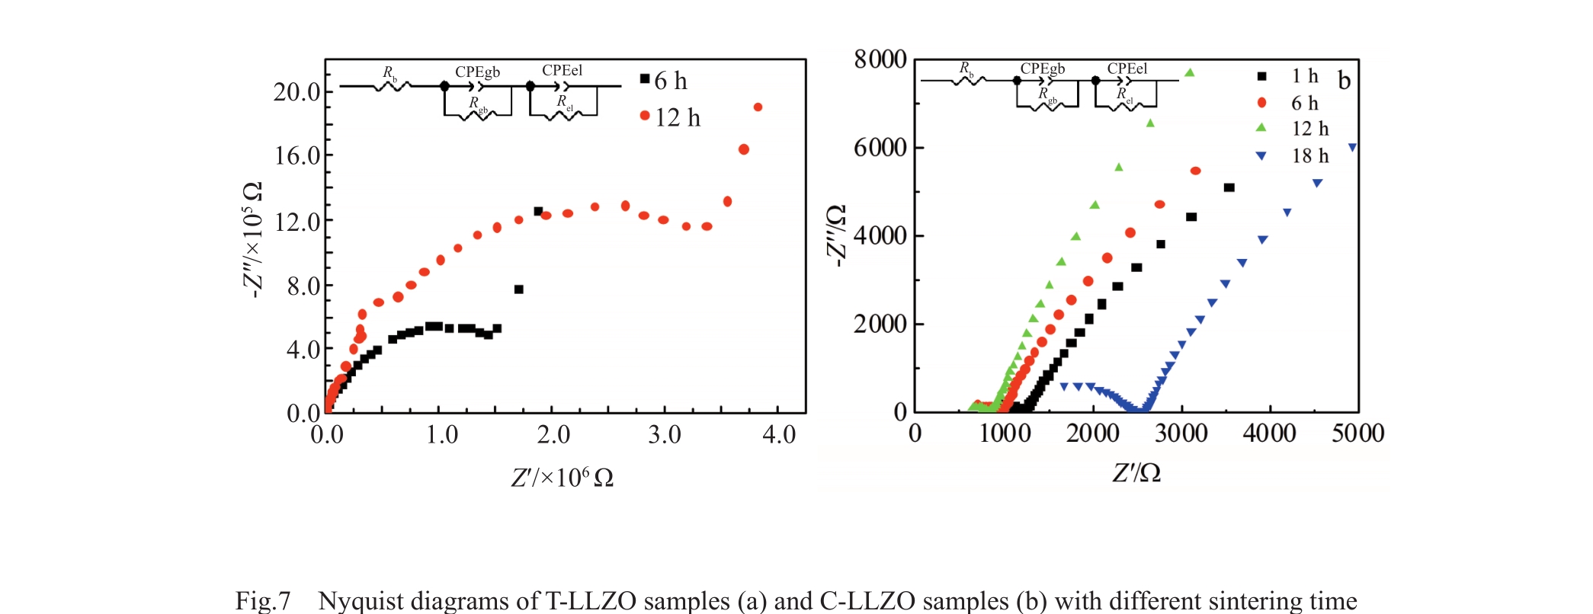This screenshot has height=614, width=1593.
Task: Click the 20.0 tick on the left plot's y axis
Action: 297,92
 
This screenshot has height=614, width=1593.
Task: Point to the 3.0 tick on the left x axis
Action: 664,435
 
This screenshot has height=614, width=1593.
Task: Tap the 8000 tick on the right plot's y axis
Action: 880,59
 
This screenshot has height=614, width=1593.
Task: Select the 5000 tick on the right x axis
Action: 1357,433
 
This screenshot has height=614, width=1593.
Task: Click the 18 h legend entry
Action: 1295,156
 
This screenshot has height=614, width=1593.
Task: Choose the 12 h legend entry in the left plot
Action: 670,117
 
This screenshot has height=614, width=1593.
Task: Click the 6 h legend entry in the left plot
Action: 664,81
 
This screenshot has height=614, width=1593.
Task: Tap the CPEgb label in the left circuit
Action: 477,72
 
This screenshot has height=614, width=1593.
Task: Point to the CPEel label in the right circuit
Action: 1127,69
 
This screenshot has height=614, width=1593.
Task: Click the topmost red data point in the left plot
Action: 758,107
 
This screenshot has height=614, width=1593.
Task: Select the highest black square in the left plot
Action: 538,211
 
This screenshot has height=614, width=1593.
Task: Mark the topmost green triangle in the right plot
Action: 1189,73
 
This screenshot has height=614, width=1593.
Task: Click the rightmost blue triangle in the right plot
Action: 1352,148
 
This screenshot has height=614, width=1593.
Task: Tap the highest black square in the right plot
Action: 1229,187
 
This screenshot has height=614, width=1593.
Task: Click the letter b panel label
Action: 1344,81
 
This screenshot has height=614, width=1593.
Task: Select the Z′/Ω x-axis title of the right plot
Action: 1136,473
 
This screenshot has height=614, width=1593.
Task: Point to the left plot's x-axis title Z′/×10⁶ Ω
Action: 562,478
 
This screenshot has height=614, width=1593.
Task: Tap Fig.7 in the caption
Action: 263,601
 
